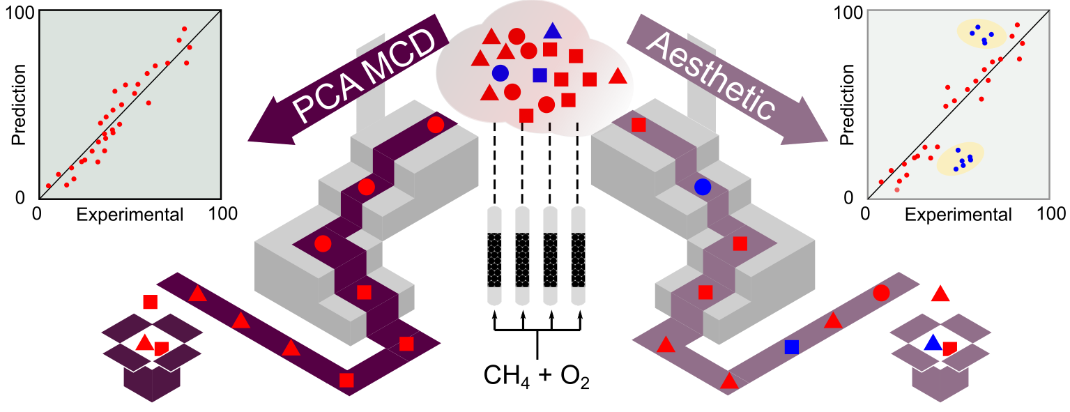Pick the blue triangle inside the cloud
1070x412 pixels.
pos(553,31)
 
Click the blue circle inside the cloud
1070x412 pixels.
pos(500,73)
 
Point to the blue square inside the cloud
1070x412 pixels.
pos(539,75)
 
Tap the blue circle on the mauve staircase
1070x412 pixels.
pos(702,187)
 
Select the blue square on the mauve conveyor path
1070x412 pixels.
pos(791,346)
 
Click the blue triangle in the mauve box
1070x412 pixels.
pos(932,343)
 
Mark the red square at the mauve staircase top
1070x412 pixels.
pos(639,125)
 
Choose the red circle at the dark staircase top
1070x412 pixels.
pos(436,125)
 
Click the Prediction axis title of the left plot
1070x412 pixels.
pos(20,105)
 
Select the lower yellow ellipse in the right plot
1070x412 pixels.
pos(960,160)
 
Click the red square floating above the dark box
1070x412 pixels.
pos(150,302)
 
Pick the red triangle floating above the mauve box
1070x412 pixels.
pos(940,294)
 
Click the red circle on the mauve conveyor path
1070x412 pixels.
pos(880,293)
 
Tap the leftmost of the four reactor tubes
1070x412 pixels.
pos(494,256)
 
